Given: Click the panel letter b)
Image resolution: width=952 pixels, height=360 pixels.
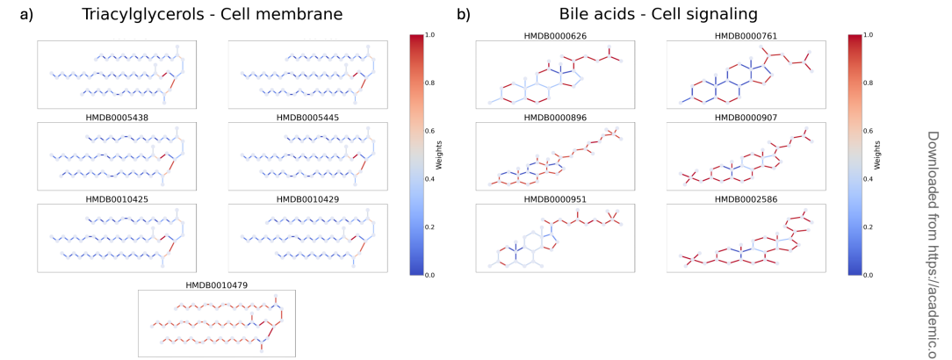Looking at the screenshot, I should pyautogui.click(x=463, y=14).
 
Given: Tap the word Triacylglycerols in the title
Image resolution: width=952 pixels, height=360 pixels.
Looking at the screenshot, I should pyautogui.click(x=141, y=14).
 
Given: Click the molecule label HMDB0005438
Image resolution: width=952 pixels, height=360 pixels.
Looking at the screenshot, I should pyautogui.click(x=116, y=118).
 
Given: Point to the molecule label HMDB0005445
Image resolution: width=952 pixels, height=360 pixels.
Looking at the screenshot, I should pyautogui.click(x=307, y=118).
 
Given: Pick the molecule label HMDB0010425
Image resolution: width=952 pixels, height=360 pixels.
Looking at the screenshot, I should pyautogui.click(x=116, y=199).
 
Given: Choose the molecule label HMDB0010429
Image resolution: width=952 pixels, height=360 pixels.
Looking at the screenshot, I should pyautogui.click(x=307, y=199).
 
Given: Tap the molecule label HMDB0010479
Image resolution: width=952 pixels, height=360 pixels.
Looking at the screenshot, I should pyautogui.click(x=217, y=284).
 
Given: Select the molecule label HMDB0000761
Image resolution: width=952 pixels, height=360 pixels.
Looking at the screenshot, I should pyautogui.click(x=746, y=36).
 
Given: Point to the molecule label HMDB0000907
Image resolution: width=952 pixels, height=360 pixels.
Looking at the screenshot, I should pyautogui.click(x=746, y=118).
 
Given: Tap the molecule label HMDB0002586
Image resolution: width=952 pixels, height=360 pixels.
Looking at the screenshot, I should pyautogui.click(x=746, y=199).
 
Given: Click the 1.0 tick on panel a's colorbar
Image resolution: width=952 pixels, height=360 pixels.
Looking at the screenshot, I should pyautogui.click(x=431, y=35).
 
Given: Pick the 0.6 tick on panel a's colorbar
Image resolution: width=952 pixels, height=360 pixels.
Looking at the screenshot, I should pyautogui.click(x=431, y=131).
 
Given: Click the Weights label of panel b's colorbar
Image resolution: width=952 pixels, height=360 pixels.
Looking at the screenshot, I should pyautogui.click(x=876, y=155).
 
